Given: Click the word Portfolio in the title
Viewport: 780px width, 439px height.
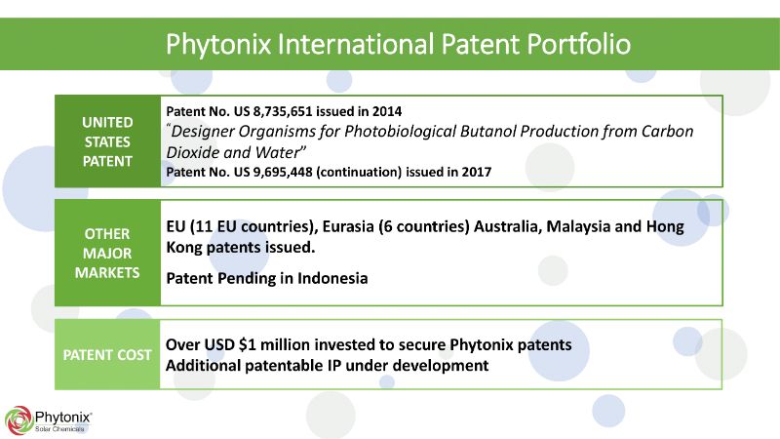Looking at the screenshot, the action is (579, 44).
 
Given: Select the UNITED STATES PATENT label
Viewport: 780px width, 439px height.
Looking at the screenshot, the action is (107, 141).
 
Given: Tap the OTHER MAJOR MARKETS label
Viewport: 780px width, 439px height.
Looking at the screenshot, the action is (107, 254).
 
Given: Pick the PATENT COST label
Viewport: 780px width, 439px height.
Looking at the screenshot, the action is (107, 355).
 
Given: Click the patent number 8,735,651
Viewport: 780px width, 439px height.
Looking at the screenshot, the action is (283, 111).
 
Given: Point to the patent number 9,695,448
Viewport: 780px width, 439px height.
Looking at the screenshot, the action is (283, 173).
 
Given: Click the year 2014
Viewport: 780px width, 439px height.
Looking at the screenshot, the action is (387, 111).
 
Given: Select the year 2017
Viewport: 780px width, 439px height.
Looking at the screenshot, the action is (477, 173).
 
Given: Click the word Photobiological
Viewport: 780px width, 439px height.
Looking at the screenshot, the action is (400, 132).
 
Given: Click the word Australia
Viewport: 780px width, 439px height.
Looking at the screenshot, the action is (507, 227).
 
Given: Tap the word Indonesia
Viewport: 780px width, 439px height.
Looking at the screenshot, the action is (332, 278).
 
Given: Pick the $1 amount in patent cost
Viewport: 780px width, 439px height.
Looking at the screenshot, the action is (248, 345).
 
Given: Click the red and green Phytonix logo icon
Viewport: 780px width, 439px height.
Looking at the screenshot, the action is (19, 420).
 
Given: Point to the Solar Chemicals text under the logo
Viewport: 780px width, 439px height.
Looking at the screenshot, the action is (59, 429).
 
